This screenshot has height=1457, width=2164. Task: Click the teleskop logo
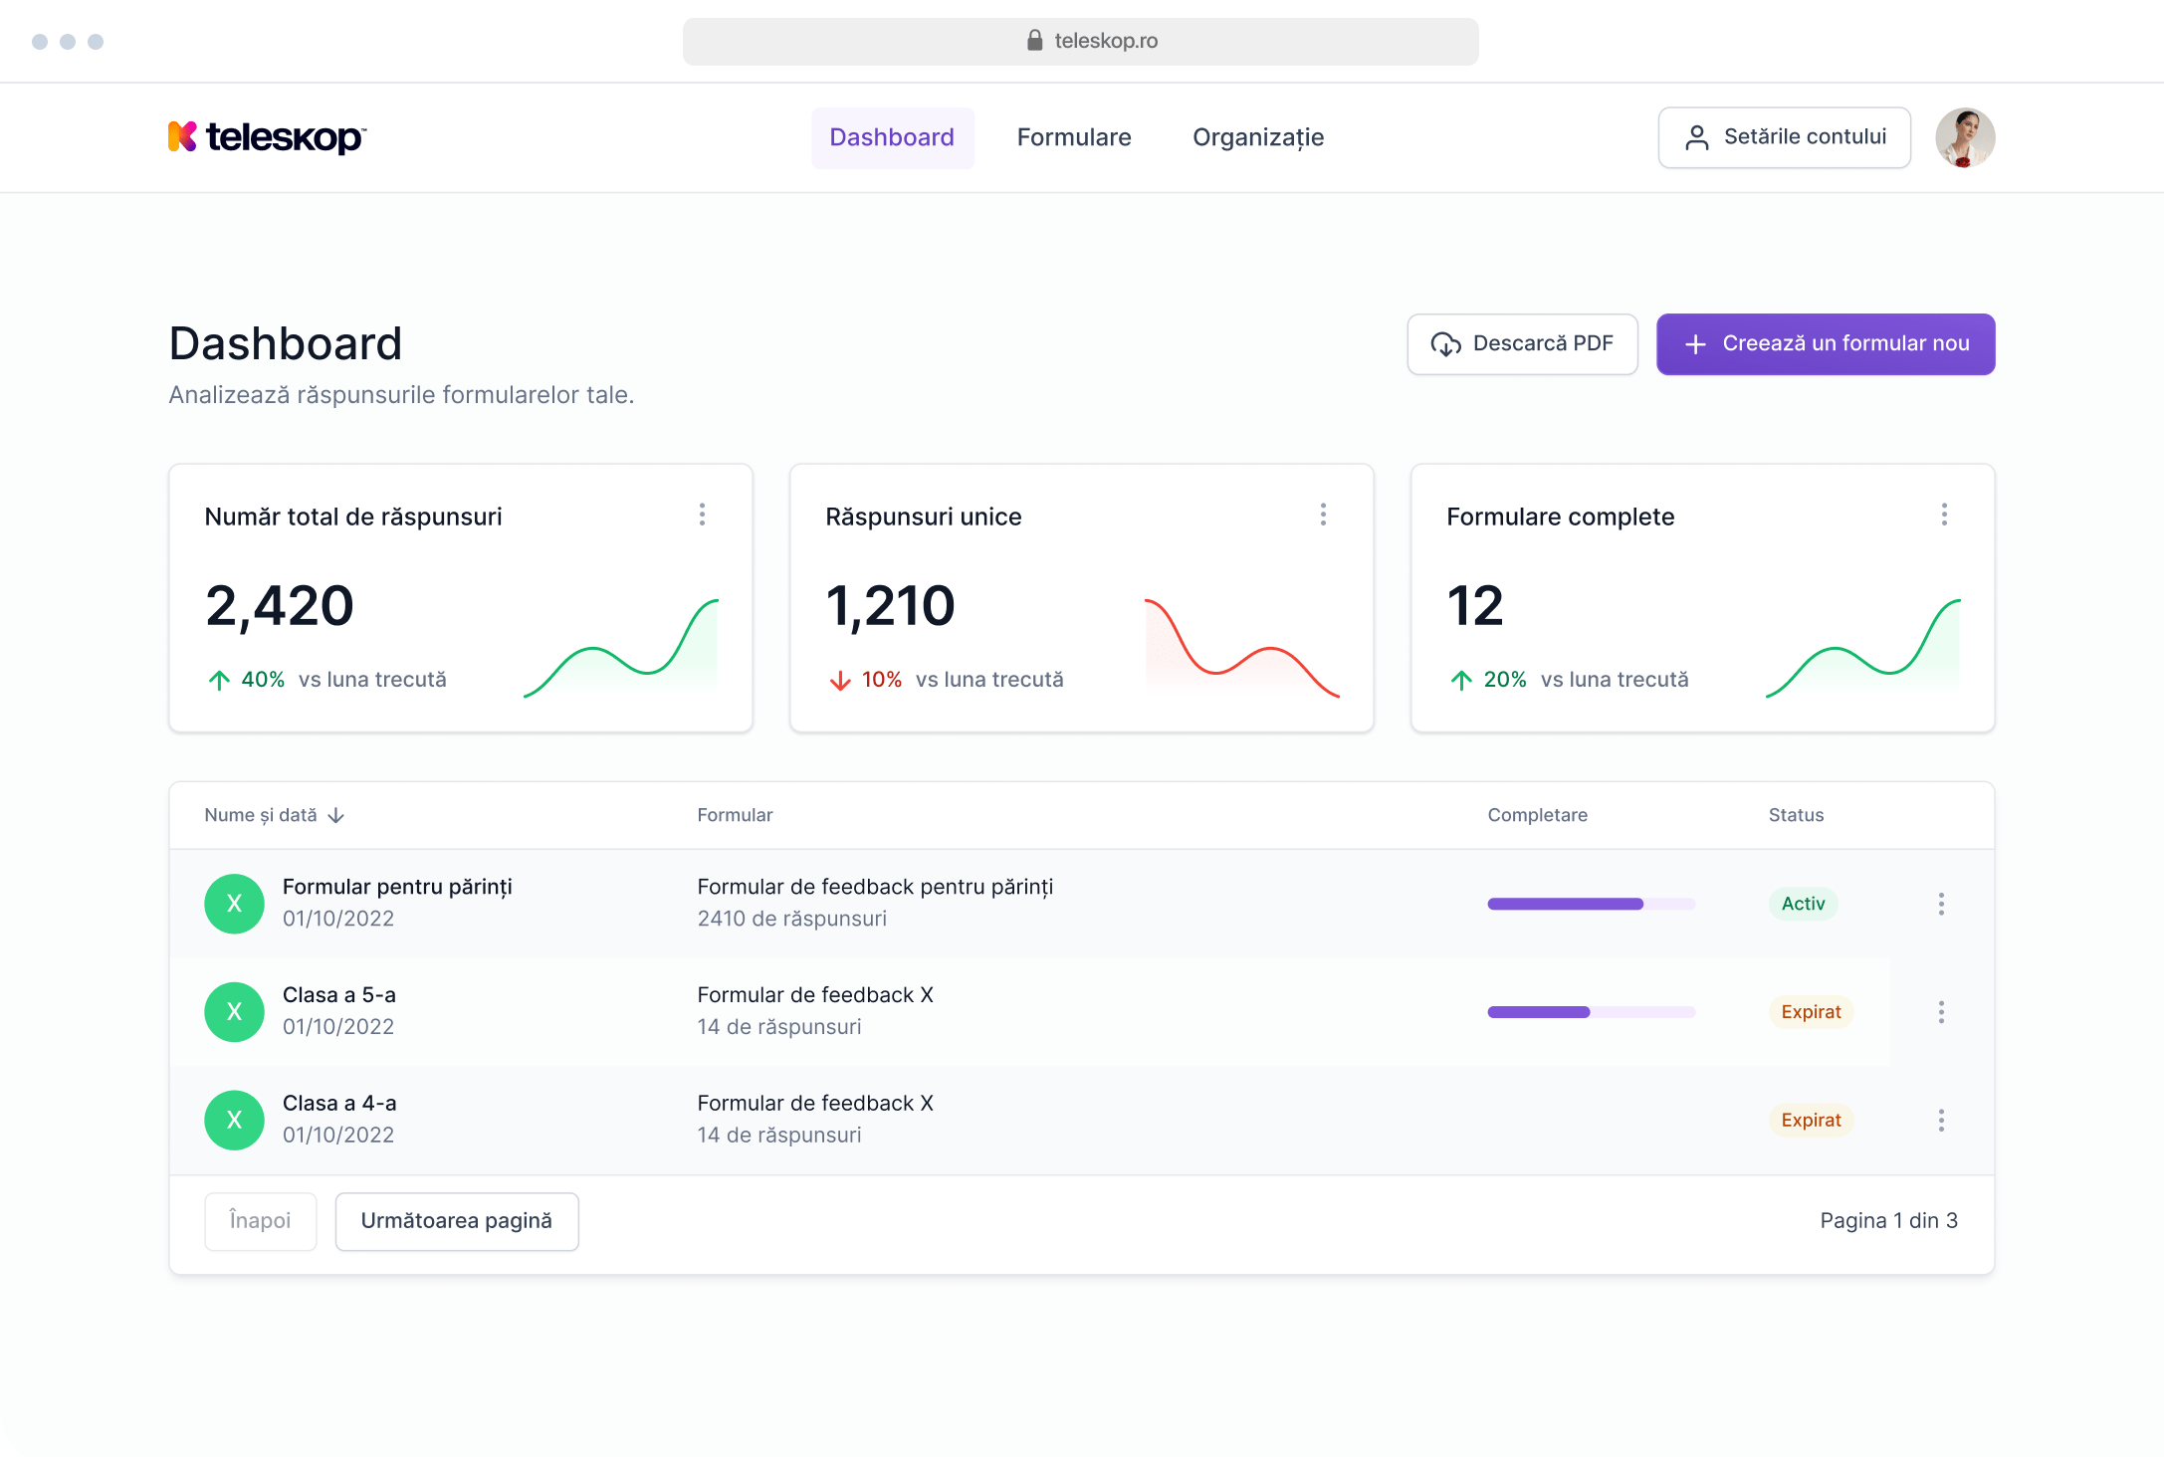click(x=267, y=137)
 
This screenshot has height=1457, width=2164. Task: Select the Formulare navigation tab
click(x=1074, y=137)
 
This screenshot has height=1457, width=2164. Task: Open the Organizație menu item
click(x=1258, y=137)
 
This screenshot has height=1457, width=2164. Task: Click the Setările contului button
click(x=1784, y=137)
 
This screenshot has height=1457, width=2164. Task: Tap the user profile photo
click(x=1964, y=137)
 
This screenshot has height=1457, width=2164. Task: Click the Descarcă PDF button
click(x=1522, y=344)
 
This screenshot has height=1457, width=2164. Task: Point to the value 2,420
click(x=280, y=605)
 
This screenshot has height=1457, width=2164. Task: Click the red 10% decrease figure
click(x=881, y=680)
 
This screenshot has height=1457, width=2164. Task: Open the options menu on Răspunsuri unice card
click(x=1323, y=515)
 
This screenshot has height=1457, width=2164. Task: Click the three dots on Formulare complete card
click(x=1944, y=515)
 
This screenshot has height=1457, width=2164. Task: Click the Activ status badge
click(x=1803, y=904)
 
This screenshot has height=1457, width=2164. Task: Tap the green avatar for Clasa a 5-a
click(x=234, y=1012)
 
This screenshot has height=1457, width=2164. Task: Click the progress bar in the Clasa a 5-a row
click(x=1591, y=1012)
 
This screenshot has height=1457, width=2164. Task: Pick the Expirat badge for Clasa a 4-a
click(x=1811, y=1121)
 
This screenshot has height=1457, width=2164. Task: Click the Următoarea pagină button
click(x=457, y=1221)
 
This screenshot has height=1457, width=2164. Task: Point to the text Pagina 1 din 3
click(x=1888, y=1221)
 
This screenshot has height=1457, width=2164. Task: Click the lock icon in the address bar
click(x=1034, y=41)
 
